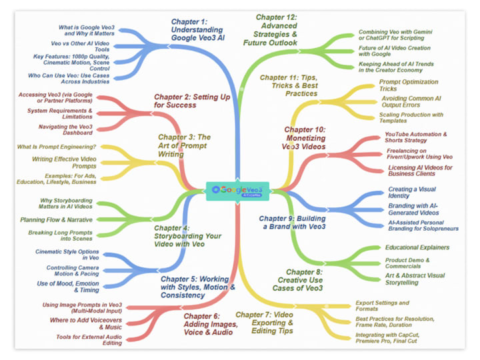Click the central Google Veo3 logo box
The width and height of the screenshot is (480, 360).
click(x=239, y=190)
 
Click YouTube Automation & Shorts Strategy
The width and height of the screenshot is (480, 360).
click(x=416, y=138)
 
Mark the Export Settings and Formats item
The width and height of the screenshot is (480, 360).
click(x=383, y=306)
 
